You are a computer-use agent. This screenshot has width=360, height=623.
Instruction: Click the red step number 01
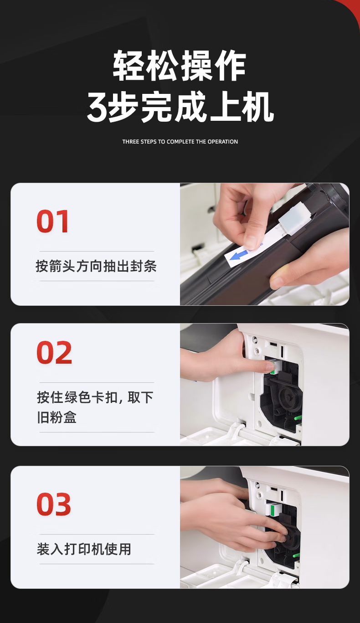click(x=52, y=221)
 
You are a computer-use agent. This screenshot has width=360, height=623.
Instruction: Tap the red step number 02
click(x=54, y=352)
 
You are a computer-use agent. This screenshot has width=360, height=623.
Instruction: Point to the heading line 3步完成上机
click(x=180, y=107)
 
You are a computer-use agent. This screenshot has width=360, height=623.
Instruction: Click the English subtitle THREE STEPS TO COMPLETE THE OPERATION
click(x=180, y=142)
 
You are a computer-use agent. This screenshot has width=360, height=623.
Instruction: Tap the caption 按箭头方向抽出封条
click(x=96, y=266)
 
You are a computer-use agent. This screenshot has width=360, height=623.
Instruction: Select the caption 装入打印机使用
click(x=84, y=549)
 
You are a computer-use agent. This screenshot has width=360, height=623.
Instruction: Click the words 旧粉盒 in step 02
click(x=57, y=417)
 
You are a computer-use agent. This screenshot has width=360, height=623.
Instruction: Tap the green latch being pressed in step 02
click(x=272, y=368)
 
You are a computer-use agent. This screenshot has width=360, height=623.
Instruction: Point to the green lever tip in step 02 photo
click(x=298, y=418)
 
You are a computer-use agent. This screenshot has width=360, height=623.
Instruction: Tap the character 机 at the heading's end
click(x=258, y=107)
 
